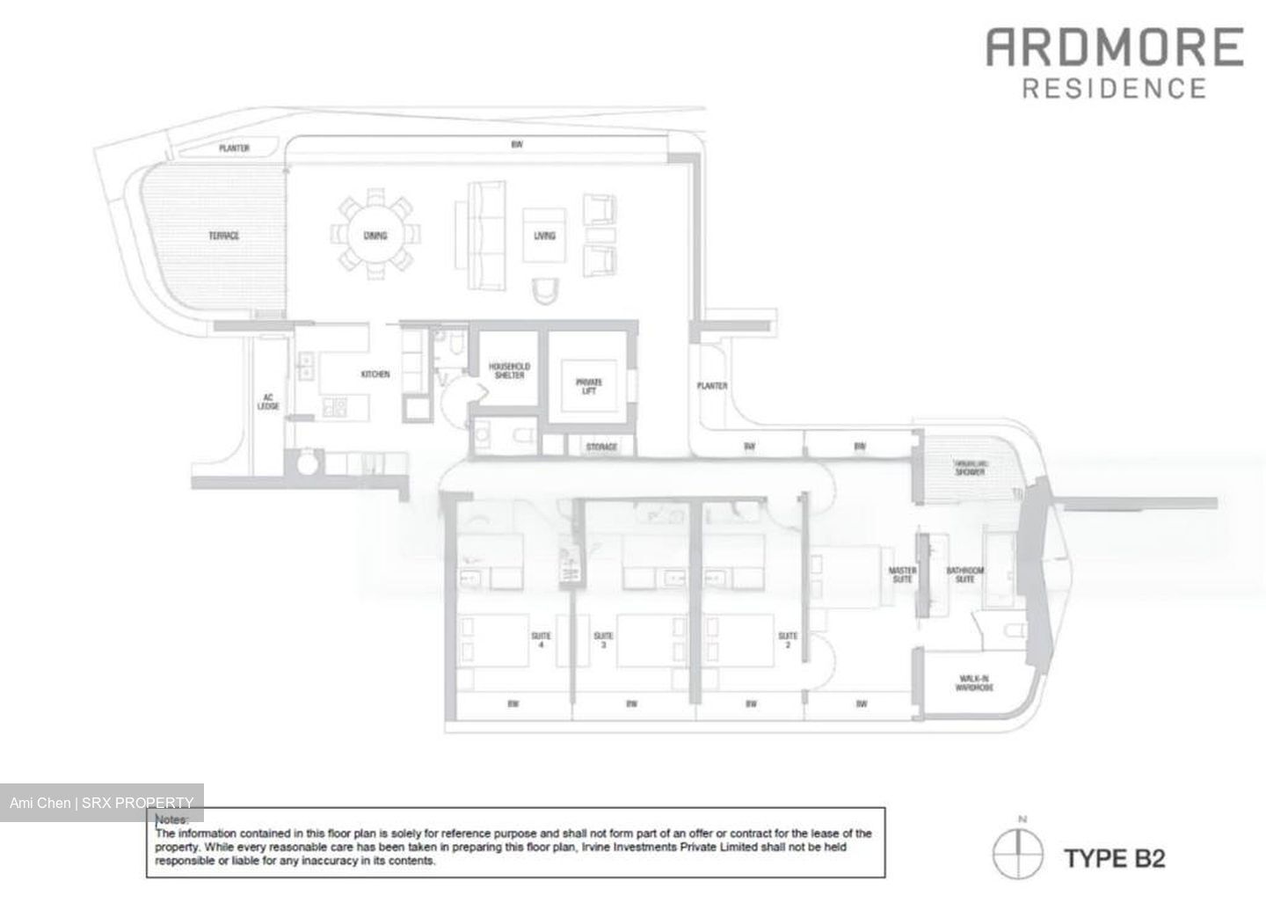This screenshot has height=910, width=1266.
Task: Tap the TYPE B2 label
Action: (x=1114, y=857)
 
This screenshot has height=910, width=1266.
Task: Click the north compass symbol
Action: (x=1018, y=853)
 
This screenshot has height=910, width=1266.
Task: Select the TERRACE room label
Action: (x=223, y=236)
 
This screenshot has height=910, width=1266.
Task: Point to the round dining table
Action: (x=375, y=235)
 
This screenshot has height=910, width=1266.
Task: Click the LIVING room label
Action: (x=544, y=236)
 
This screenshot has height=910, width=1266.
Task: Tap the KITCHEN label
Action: (x=375, y=375)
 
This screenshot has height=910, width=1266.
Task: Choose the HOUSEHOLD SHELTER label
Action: (x=509, y=371)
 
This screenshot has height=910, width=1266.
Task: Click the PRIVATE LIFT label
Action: (x=588, y=387)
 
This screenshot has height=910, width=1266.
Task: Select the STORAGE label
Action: (x=601, y=448)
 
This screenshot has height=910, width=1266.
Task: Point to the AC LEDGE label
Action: (x=268, y=402)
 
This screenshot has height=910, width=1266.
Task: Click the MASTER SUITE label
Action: (x=902, y=575)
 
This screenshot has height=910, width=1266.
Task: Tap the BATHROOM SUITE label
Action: (x=965, y=575)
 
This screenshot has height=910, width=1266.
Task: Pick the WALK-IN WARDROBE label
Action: (x=973, y=683)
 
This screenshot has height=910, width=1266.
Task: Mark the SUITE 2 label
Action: (x=788, y=640)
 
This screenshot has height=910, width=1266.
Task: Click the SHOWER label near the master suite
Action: (x=970, y=472)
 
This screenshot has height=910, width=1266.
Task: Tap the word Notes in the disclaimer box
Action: (x=171, y=819)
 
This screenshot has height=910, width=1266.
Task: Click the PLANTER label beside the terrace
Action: (x=234, y=149)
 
